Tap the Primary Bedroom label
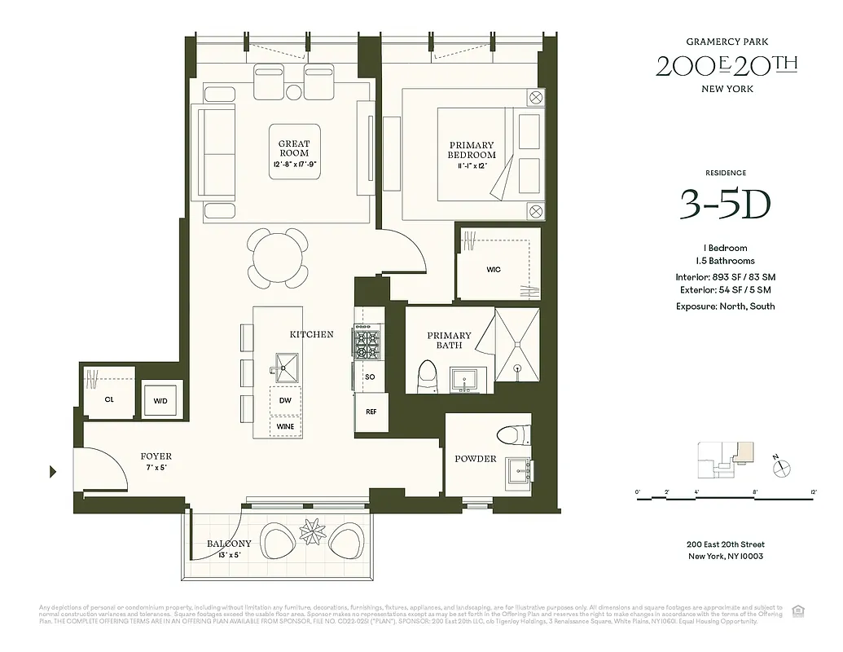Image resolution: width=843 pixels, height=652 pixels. [472, 150]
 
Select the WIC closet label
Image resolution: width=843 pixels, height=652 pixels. [494, 269]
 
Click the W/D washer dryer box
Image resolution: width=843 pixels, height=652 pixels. [161, 399]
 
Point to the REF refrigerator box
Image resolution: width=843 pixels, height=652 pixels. [371, 412]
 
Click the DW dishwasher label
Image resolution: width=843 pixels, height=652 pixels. [285, 400]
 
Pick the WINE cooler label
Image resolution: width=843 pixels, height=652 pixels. [285, 426]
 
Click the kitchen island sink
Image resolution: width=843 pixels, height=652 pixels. [288, 368]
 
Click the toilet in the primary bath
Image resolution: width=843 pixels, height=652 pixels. [428, 376]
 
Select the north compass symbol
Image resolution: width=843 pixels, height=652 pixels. [783, 467]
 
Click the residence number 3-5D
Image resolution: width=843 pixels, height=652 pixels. [724, 207]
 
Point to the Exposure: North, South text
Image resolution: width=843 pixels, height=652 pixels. [724, 306]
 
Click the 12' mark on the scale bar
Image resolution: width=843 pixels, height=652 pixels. [813, 492]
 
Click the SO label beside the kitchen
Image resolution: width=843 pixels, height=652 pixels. [370, 377]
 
